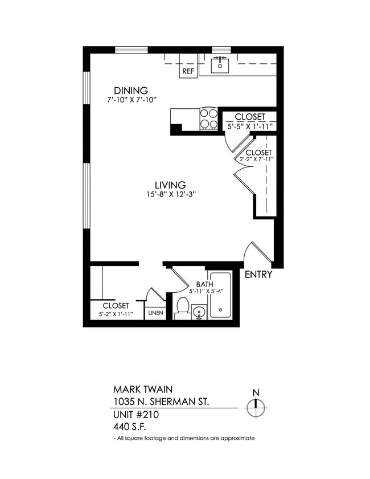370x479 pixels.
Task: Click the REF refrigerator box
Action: tap(188, 72)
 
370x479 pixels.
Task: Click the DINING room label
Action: tap(131, 91)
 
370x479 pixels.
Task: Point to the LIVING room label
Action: tap(170, 185)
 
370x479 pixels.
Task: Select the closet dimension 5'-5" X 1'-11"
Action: tap(250, 126)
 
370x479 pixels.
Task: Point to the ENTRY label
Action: tap(258, 275)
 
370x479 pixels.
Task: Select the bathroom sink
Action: tap(199, 312)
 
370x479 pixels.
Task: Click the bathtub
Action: tap(219, 296)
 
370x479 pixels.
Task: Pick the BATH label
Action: tap(204, 284)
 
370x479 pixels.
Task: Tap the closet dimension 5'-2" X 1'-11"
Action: tap(116, 314)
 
